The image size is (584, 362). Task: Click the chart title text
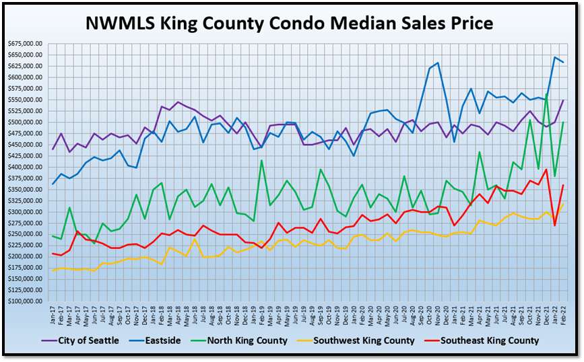tap(290, 23)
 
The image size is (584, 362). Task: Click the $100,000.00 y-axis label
tap(26, 301)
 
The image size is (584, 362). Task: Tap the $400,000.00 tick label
tap(26, 167)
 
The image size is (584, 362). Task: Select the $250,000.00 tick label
tap(26, 234)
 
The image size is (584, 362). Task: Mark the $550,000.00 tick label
tap(26, 100)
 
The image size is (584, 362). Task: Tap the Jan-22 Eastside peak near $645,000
tap(554, 57)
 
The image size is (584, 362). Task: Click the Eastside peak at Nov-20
tap(438, 63)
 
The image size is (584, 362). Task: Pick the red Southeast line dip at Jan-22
tap(554, 225)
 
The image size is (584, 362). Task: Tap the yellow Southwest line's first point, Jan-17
tap(53, 270)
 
